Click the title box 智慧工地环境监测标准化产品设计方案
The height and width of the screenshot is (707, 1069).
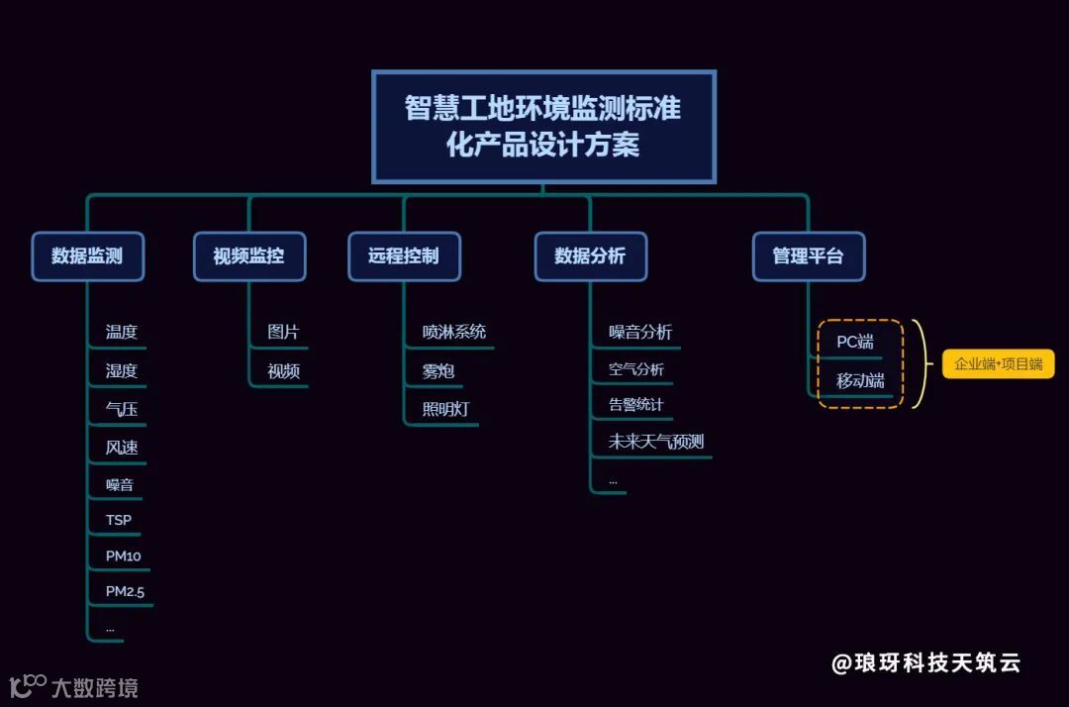pyautogui.click(x=543, y=127)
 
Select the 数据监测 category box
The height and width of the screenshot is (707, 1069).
pyautogui.click(x=87, y=256)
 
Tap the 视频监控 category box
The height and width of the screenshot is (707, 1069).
pyautogui.click(x=248, y=256)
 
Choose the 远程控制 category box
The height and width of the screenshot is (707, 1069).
pyautogui.click(x=403, y=256)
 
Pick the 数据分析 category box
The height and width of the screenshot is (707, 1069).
pyautogui.click(x=590, y=256)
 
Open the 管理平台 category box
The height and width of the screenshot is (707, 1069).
pyautogui.click(x=808, y=256)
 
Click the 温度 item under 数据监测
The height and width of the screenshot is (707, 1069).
pyautogui.click(x=122, y=333)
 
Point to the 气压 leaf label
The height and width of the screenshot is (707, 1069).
pyautogui.click(x=122, y=409)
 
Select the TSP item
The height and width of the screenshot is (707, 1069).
pyautogui.click(x=119, y=520)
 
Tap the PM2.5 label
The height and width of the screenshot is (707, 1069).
pyautogui.click(x=126, y=592)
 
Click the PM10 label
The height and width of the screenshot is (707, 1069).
pyautogui.click(x=124, y=556)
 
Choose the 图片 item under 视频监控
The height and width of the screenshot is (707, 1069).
pyautogui.click(x=283, y=333)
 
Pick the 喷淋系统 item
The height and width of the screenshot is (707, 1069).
pyautogui.click(x=454, y=333)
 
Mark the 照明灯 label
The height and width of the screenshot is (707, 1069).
pyautogui.click(x=445, y=409)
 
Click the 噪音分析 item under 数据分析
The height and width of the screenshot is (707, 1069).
pyautogui.click(x=640, y=333)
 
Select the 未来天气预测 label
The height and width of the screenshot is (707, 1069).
pyautogui.click(x=656, y=442)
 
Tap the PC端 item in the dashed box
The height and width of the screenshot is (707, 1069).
pyautogui.click(x=855, y=343)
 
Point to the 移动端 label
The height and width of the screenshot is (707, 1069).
pyautogui.click(x=859, y=381)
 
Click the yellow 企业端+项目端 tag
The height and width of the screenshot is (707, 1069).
pyautogui.click(x=998, y=364)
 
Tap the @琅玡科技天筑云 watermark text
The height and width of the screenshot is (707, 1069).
pyautogui.click(x=925, y=663)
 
